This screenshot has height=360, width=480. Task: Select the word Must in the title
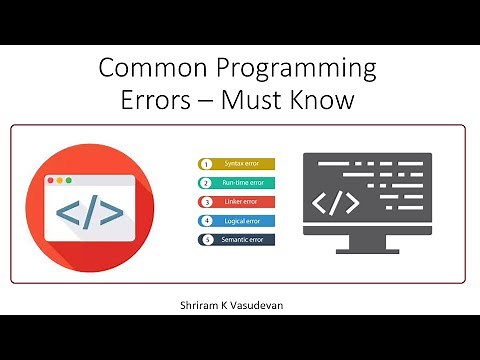(263, 103)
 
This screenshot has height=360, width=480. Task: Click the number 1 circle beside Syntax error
(206, 163)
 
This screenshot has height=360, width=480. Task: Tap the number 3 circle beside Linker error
(206, 201)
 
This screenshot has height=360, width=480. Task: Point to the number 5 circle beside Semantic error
(206, 239)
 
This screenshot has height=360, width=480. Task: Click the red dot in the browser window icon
(46, 181)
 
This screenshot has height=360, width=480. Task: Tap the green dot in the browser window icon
(68, 181)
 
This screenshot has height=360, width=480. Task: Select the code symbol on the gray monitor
(336, 203)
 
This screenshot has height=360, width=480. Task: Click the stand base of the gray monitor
(366, 261)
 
